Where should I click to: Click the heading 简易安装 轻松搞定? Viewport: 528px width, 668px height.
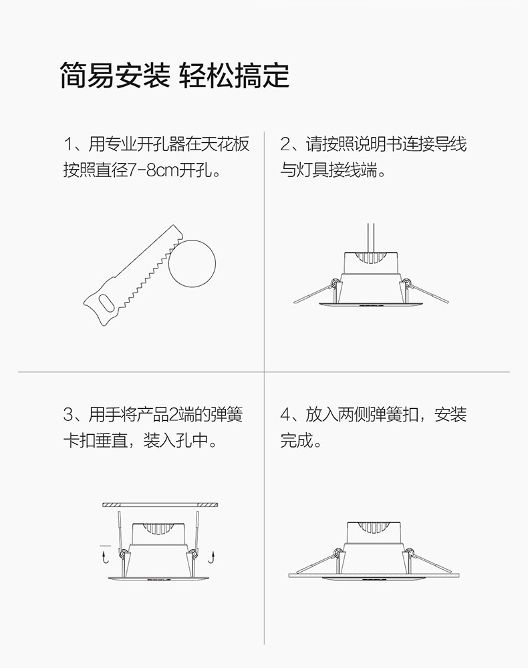pos(174,75)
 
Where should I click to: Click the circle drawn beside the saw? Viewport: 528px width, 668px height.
pos(192,264)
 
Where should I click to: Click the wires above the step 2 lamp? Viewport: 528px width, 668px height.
pos(371,238)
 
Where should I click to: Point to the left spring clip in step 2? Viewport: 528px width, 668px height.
pos(315,292)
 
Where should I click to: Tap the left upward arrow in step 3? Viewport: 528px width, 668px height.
pos(104,557)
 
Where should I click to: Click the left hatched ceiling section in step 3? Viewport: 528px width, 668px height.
pos(112,505)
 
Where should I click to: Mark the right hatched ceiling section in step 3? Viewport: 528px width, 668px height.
pos(209,505)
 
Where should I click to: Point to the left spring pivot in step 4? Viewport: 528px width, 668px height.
pos(338,552)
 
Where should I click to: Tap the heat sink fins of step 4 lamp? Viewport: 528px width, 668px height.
pos(373,528)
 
